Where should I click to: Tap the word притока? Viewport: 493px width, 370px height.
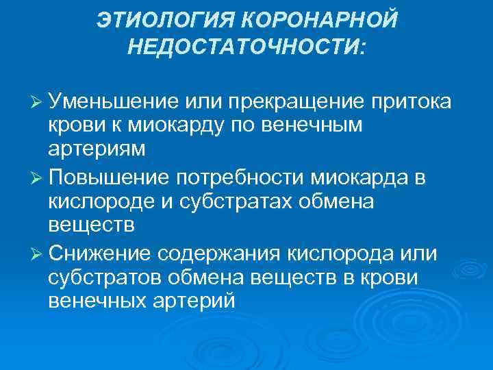point(410,103)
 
